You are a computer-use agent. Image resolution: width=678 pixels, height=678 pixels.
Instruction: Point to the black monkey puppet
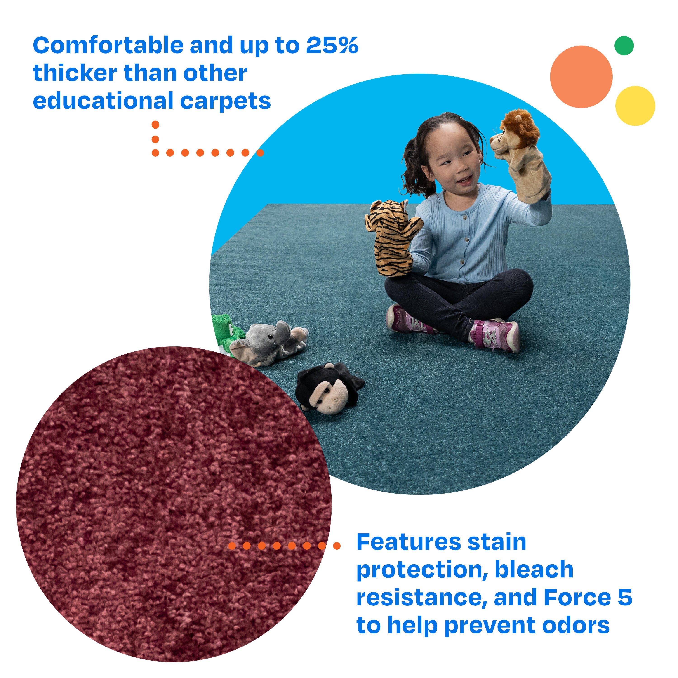[x=328, y=388]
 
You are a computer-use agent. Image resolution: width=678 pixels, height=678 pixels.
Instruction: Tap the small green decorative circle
[x=624, y=46]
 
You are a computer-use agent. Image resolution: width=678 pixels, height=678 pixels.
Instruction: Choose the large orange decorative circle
[x=581, y=77]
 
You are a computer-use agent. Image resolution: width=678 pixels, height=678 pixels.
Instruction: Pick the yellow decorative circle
[x=635, y=106]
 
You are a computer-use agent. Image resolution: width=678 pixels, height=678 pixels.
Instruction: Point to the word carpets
[x=225, y=102]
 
